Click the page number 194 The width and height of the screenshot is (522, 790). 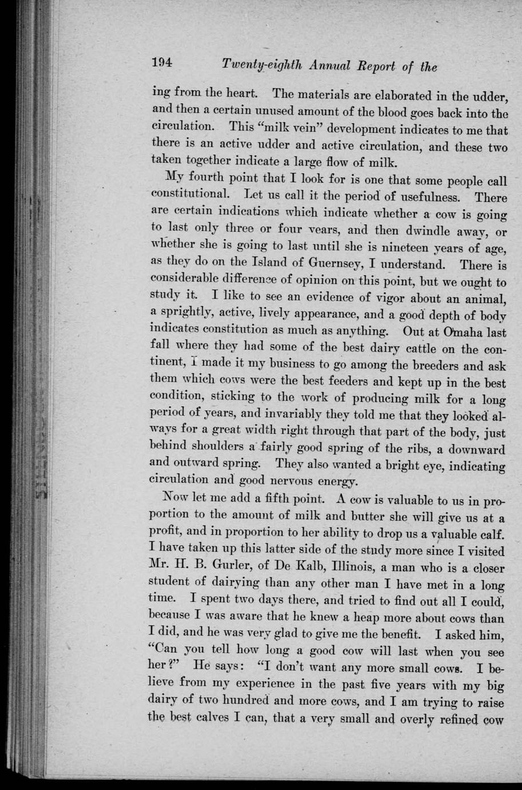[162, 64]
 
